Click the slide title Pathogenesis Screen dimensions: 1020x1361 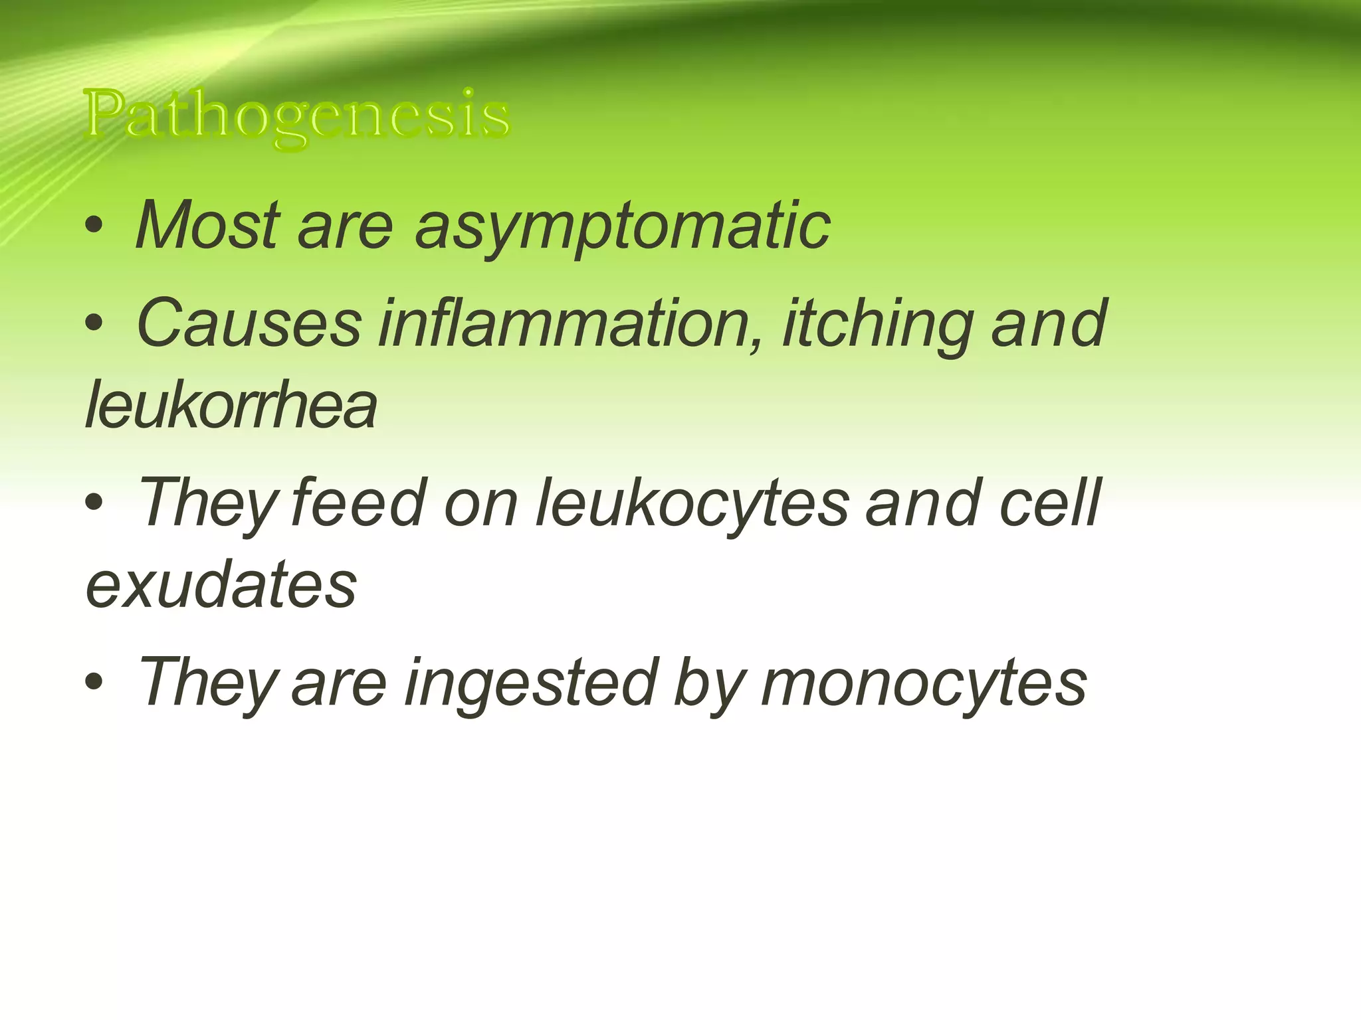tap(297, 116)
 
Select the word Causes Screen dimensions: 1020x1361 tap(249, 323)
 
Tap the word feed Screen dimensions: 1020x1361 tap(358, 503)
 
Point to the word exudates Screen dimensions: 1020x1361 tap(221, 584)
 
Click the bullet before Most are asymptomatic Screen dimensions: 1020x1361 tap(94, 226)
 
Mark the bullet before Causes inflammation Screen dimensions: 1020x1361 tap(94, 324)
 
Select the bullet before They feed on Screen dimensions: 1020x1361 tap(94, 503)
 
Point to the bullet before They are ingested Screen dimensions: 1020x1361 tap(94, 682)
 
